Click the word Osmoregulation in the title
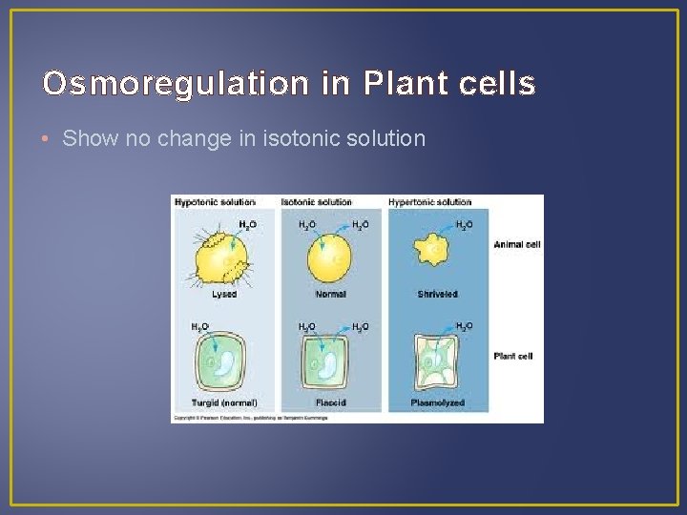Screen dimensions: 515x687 [176, 85]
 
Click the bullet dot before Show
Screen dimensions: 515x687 [49, 139]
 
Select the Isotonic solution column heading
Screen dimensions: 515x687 [317, 202]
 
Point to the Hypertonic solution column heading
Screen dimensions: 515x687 [429, 202]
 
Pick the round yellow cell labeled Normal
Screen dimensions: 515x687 [330, 256]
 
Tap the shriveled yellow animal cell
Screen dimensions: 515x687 [436, 250]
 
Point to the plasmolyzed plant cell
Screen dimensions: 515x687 [437, 364]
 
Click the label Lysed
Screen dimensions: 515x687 [224, 295]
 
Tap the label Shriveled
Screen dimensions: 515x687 [437, 295]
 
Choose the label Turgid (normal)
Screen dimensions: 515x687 [225, 403]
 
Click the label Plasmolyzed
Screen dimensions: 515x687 [437, 403]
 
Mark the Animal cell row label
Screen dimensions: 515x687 [516, 245]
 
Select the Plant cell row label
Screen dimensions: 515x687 [513, 356]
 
